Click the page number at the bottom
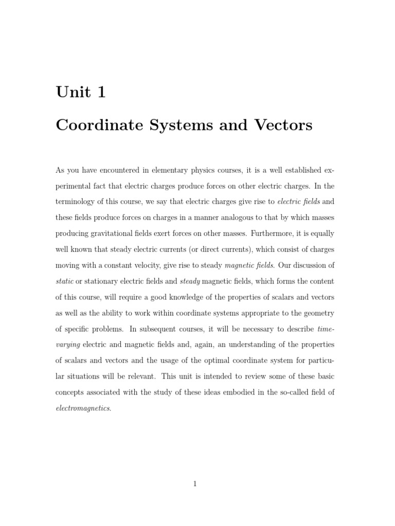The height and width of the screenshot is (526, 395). point(195,483)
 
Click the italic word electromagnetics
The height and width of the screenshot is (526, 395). point(82,408)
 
